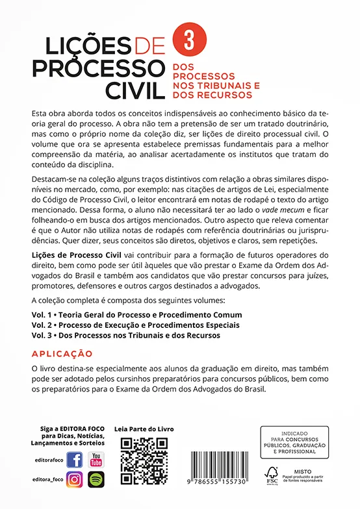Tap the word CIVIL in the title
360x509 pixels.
pyautogui.click(x=133, y=89)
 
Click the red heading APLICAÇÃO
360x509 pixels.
pyautogui.click(x=62, y=354)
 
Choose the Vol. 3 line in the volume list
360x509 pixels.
pyautogui.click(x=125, y=335)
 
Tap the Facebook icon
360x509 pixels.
pyautogui.click(x=74, y=460)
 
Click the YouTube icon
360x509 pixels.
pyautogui.click(x=96, y=460)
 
